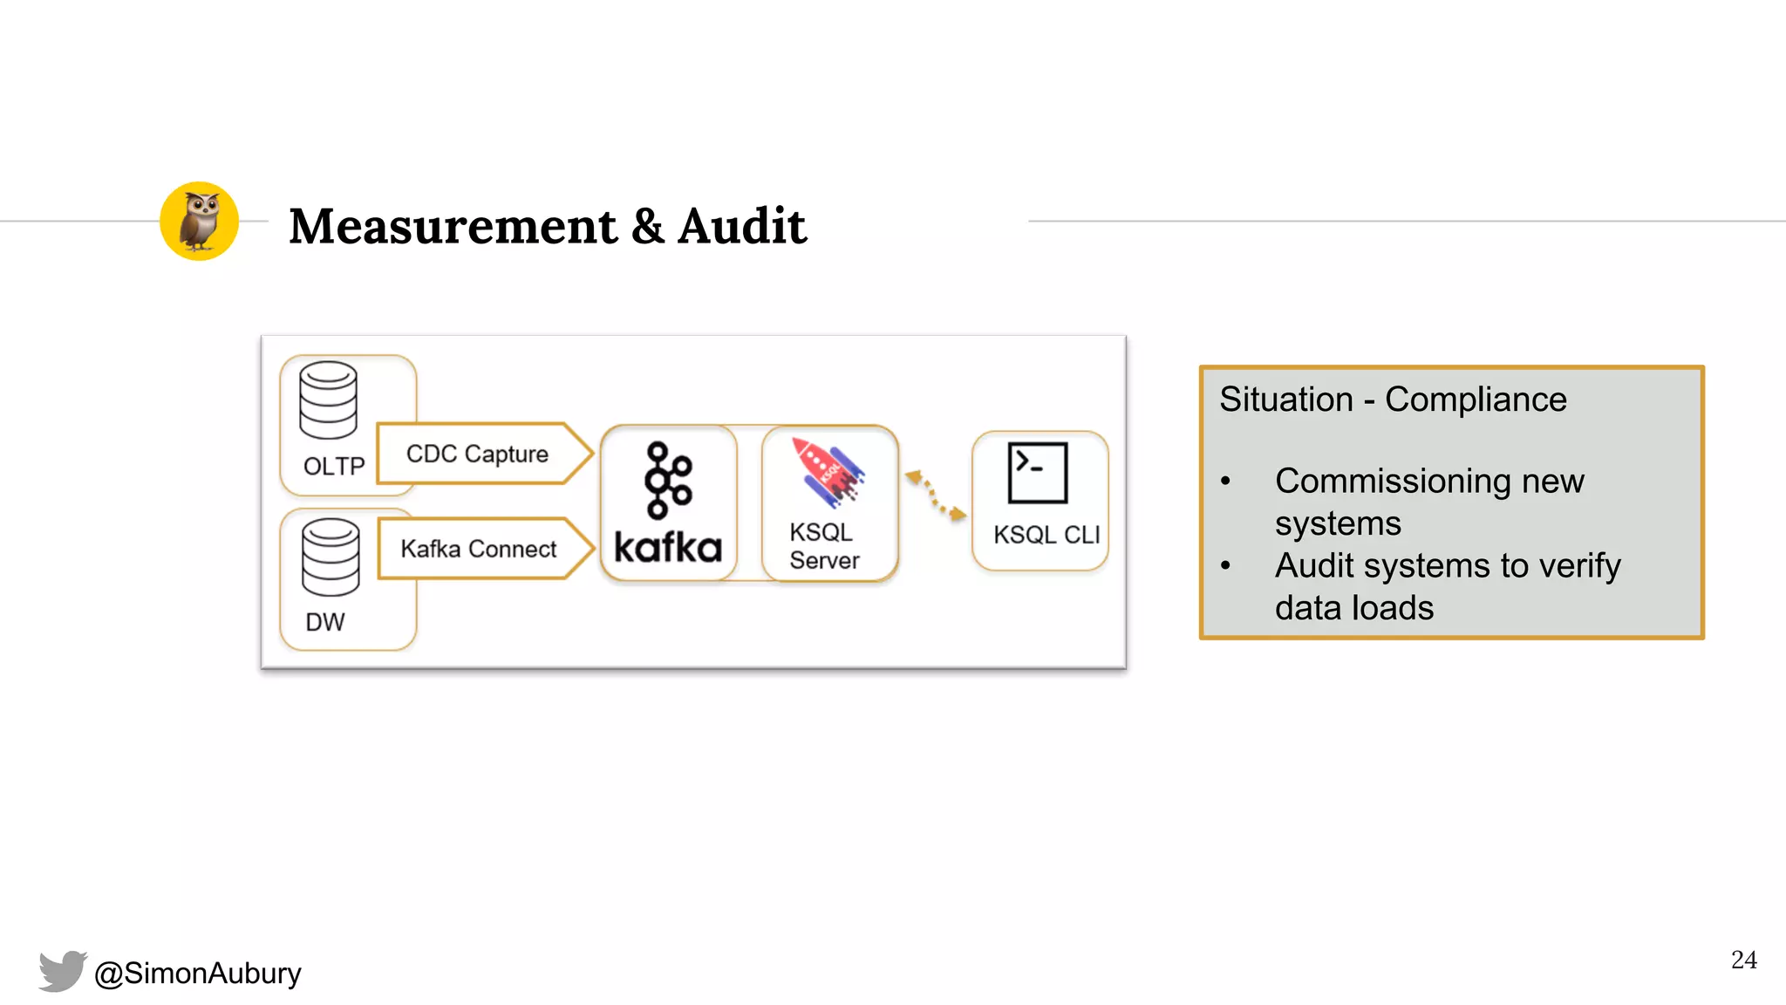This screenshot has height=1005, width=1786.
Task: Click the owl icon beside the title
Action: point(199,222)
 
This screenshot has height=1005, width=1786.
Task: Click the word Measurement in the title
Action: point(453,226)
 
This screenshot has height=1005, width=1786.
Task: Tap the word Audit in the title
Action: point(741,226)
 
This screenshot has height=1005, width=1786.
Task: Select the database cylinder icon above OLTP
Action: point(328,400)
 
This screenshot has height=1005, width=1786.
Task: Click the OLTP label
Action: point(333,467)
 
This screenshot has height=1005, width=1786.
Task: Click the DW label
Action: point(324,622)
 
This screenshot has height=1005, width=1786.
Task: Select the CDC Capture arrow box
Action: point(480,454)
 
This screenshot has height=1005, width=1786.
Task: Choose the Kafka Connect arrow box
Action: point(480,549)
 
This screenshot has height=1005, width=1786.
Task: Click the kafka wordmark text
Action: point(668,548)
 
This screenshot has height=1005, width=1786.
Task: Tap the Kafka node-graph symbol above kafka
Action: point(667,480)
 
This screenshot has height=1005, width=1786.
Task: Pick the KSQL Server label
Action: point(823,546)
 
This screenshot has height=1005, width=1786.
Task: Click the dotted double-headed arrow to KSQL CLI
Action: point(935,496)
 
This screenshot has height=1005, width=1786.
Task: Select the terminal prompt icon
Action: point(1037,473)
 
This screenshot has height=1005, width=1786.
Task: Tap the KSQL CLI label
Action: point(1046,535)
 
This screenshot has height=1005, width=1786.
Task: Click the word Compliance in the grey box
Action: point(1476,400)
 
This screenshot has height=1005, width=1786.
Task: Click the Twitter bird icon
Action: point(63,970)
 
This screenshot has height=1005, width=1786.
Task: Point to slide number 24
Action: point(1743,960)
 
